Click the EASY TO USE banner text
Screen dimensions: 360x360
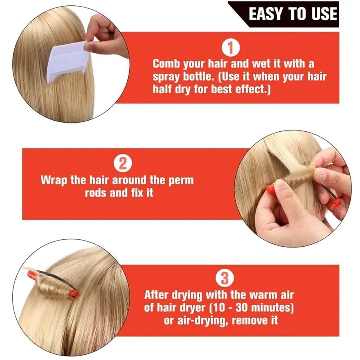coord(293,14)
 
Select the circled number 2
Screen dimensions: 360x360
coord(122,164)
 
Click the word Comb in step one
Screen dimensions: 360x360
coord(166,64)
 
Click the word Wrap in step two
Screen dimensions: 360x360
coord(54,180)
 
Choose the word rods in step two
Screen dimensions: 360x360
coord(95,193)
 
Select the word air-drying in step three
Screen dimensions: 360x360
coord(204,320)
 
